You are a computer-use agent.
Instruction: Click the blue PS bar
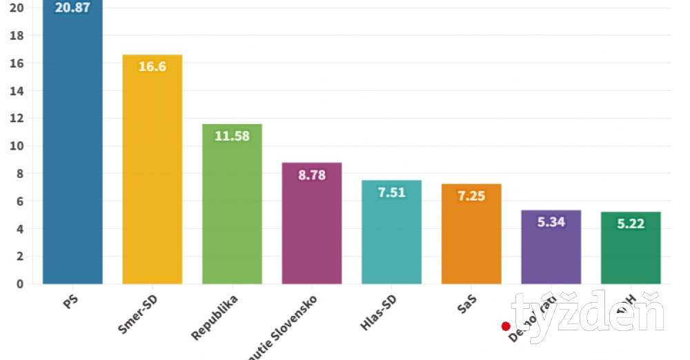click(72, 152)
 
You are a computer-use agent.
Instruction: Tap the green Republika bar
click(232, 207)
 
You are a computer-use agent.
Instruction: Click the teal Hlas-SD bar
click(391, 238)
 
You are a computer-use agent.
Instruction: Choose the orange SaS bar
click(471, 238)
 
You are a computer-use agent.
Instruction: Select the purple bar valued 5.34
click(551, 252)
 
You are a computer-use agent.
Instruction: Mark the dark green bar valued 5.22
click(631, 252)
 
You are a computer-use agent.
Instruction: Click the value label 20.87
click(72, 9)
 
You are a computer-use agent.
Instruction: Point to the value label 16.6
click(152, 67)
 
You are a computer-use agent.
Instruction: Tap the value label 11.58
click(232, 136)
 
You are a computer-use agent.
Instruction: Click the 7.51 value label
click(391, 192)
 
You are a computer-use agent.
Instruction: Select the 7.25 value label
click(471, 196)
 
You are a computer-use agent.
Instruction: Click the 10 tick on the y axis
click(18, 146)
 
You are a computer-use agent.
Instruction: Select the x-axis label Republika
click(215, 318)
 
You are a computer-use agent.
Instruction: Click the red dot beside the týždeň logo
click(506, 326)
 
